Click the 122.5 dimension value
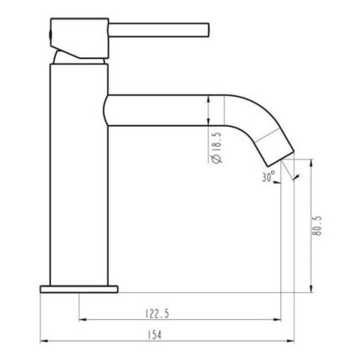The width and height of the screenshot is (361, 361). (157, 313)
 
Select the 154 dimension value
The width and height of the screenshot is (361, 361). (154, 335)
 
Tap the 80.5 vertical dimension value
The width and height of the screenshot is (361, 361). (318, 226)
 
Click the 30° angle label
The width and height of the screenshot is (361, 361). (269, 177)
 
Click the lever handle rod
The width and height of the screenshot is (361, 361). (159, 30)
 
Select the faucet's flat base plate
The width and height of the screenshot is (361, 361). (79, 289)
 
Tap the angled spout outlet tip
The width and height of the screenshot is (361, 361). (280, 158)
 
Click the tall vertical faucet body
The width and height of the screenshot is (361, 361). (79, 175)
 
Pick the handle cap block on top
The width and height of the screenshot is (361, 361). (80, 38)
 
